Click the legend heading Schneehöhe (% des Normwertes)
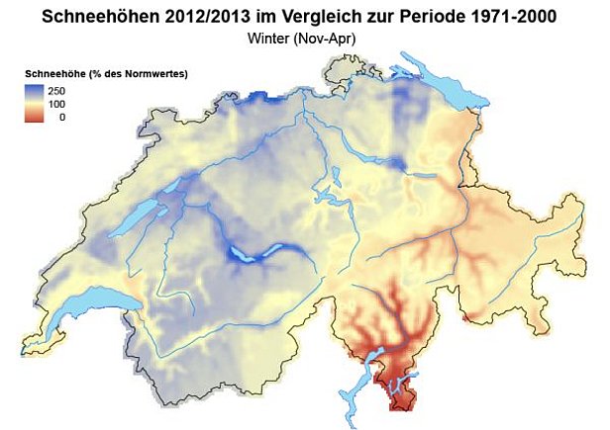tap(106, 75)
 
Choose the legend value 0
tap(62, 117)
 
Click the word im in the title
tap(278, 17)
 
